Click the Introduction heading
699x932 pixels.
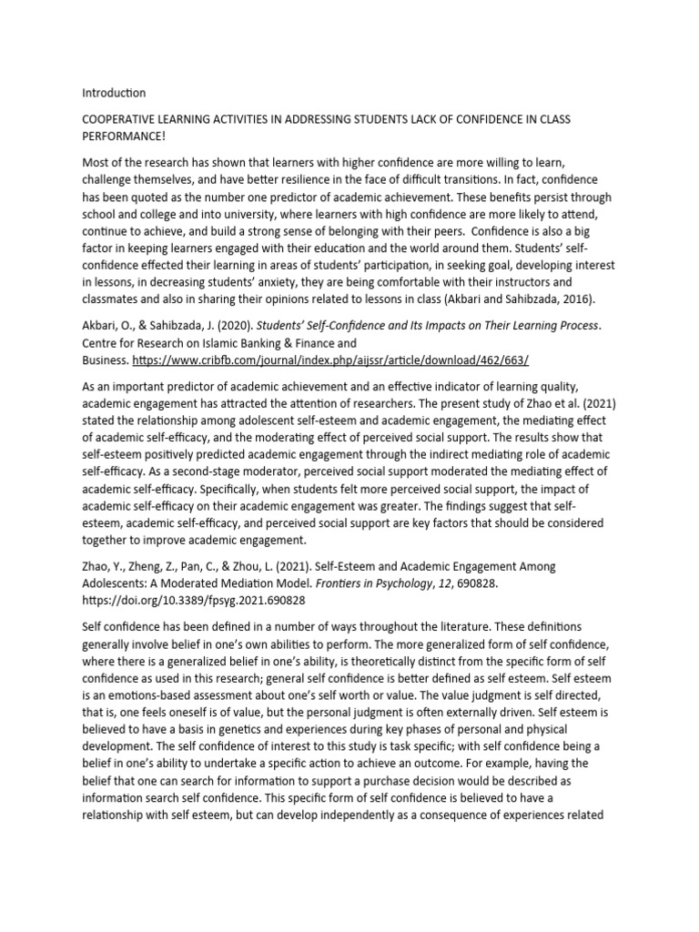(114, 93)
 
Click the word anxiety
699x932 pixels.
(289, 283)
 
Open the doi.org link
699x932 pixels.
(194, 600)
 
